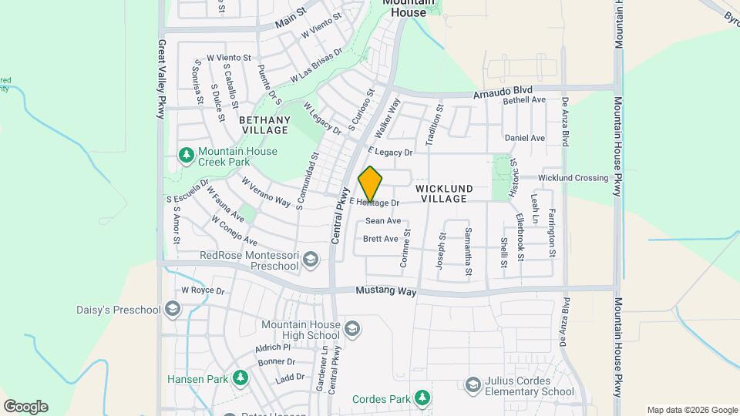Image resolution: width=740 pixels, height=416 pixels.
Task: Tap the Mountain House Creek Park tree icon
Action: pos(186,156)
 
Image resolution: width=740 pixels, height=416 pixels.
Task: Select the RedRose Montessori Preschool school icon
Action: pos(311,260)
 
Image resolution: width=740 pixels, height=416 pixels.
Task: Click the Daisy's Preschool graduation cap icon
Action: pos(172,310)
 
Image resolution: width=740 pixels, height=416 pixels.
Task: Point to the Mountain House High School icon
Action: pos(352,330)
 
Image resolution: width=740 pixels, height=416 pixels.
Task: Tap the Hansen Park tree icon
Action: pos(240,379)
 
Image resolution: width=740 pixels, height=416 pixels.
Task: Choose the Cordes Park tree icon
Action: pos(422,398)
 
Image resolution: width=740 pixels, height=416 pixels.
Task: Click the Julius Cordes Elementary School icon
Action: pos(472,384)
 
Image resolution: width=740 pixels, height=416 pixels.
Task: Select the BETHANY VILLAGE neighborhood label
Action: pos(264,125)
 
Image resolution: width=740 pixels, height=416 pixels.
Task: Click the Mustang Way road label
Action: pos(386,292)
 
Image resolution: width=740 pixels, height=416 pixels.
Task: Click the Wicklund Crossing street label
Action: pos(573,178)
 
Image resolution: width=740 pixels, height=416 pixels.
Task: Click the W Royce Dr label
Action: pos(202,291)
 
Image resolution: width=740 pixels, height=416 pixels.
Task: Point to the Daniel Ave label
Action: pos(524,138)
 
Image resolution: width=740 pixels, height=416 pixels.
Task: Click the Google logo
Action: pos(25,407)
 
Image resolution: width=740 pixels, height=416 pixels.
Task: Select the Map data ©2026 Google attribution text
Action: pos(692,410)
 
